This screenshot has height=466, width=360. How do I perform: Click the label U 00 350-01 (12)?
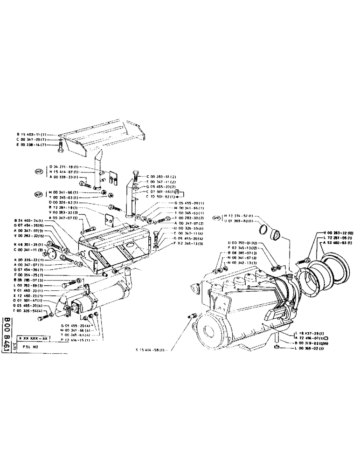coord(242,243)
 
